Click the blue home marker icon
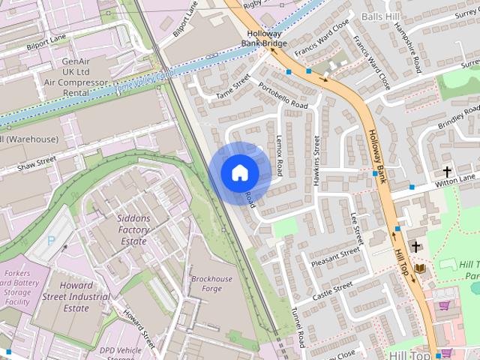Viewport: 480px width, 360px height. click(239, 173)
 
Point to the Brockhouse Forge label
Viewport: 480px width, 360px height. click(211, 284)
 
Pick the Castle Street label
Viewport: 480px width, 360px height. click(332, 289)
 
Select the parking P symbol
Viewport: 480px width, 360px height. click(51, 241)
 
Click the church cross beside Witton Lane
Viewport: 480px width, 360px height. click(448, 172)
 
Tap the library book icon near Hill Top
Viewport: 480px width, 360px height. click(420, 268)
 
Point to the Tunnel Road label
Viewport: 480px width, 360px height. click(298, 326)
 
